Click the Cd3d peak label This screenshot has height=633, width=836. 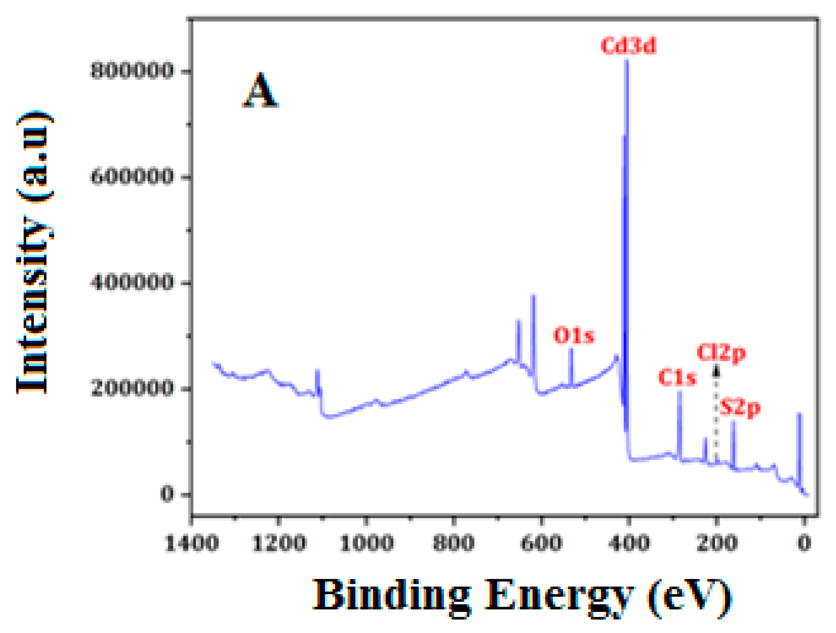[x=628, y=46]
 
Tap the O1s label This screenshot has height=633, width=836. [x=574, y=336]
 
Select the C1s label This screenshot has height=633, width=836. [x=677, y=378]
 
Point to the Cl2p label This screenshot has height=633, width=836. [x=721, y=353]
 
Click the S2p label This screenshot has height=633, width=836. [x=740, y=408]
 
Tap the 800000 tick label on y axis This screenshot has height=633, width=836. [x=132, y=71]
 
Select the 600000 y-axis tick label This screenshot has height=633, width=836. [x=132, y=177]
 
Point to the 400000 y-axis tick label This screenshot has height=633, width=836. [x=132, y=283]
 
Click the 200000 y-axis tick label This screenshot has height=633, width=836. [x=132, y=389]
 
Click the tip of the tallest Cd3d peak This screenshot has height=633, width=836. [x=627, y=61]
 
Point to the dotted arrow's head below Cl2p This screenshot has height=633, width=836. [x=716, y=370]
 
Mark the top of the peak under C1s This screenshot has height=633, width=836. [x=680, y=391]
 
